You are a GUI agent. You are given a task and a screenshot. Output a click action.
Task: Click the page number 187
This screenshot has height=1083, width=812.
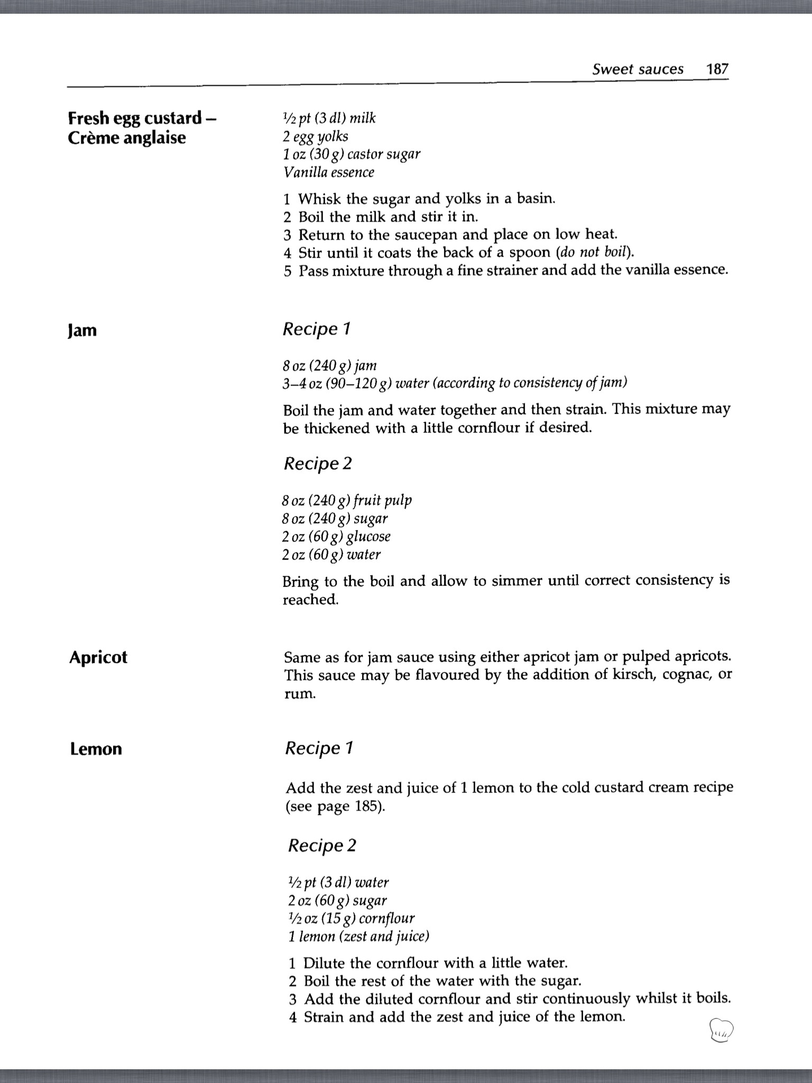(717, 69)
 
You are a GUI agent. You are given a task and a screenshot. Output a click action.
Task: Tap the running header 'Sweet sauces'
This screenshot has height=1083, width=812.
(638, 69)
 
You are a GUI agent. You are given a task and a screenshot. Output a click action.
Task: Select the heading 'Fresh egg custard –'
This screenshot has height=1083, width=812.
(142, 118)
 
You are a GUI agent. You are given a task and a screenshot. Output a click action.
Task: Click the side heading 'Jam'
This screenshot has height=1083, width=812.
(82, 331)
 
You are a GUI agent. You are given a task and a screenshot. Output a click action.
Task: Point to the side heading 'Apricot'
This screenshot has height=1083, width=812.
(98, 657)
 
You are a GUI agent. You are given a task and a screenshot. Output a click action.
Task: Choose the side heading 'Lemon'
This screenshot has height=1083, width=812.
(96, 749)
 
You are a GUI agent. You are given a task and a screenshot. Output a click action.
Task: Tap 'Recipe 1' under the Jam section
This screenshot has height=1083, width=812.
(317, 329)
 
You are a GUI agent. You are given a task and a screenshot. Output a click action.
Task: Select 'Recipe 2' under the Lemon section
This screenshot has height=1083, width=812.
(322, 845)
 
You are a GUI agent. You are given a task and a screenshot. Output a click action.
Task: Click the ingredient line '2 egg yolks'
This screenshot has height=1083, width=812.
(316, 136)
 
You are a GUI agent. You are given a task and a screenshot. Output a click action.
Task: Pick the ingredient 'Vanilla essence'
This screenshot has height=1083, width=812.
(329, 172)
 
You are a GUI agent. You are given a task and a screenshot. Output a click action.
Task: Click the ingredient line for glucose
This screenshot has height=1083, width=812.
(336, 537)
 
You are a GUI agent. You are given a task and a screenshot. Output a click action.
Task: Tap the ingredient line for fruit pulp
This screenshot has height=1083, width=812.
(347, 500)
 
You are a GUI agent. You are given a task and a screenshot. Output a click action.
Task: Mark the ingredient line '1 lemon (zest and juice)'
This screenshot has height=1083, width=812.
(359, 937)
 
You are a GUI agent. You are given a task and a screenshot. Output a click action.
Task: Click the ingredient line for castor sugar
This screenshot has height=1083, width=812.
(352, 154)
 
